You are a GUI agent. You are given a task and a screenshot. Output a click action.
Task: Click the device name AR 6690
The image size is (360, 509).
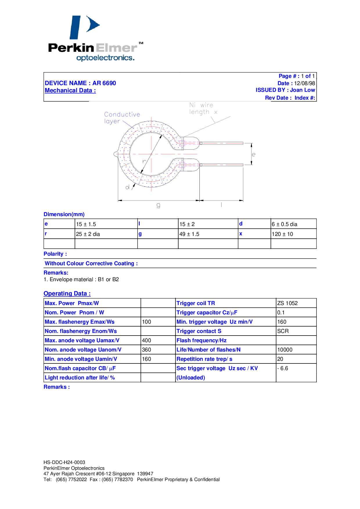tap(104, 83)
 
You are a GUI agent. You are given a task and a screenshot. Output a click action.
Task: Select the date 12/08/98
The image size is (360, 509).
tap(305, 83)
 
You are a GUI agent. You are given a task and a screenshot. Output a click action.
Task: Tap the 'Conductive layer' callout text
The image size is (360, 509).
tap(122, 118)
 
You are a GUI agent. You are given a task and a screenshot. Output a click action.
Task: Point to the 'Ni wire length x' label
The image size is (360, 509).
tap(203, 108)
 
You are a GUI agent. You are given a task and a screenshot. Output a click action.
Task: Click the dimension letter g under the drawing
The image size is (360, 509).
tap(158, 205)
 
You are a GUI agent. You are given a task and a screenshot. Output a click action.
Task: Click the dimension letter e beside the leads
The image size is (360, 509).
tap(253, 154)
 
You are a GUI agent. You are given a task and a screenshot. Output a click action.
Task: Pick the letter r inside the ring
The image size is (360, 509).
tap(144, 161)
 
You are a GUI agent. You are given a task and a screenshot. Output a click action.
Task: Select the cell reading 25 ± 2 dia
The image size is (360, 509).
tap(88, 234)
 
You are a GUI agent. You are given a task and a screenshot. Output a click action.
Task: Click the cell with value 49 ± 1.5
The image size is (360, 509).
tap(189, 234)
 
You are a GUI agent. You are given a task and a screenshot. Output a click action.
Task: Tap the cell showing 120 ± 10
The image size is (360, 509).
tap(282, 234)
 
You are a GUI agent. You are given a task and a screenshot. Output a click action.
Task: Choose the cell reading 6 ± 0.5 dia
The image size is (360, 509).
tap(285, 224)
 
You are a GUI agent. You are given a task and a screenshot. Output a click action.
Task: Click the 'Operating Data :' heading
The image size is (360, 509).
tap(67, 293)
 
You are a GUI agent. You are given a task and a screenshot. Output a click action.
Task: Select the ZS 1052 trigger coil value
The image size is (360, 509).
tap(287, 303)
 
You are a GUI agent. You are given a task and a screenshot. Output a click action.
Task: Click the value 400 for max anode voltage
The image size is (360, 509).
tap(147, 340)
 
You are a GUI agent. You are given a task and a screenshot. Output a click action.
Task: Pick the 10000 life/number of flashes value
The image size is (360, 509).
tap(285, 350)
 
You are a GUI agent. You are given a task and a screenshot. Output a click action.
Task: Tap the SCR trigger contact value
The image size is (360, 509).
tap(283, 331)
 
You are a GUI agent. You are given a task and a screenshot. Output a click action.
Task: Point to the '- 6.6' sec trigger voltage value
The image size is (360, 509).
tap(283, 368)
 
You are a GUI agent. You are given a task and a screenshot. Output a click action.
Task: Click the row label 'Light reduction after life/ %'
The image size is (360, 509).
tap(80, 378)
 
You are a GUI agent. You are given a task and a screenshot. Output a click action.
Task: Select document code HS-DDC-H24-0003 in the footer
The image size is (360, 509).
tap(64, 462)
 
